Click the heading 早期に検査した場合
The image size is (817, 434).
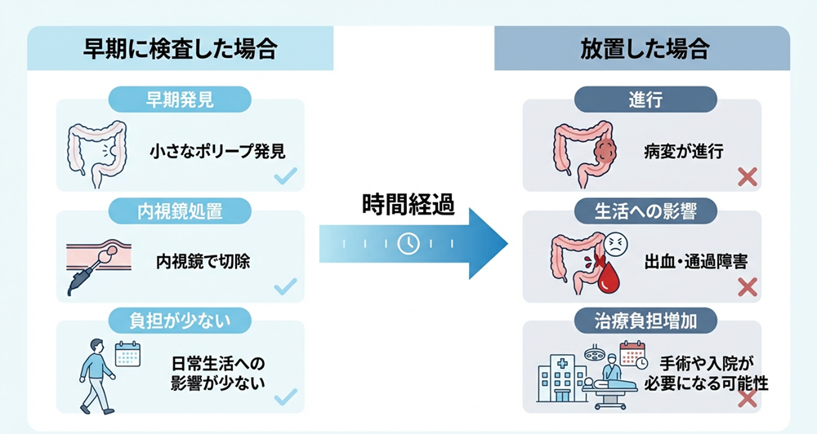coord(181,49)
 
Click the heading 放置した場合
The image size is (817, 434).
coord(642,49)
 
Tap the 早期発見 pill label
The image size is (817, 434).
coord(180,100)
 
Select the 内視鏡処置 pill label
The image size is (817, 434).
coord(180,211)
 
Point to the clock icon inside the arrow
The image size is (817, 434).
coord(408,243)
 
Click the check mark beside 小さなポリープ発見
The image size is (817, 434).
coord(285,176)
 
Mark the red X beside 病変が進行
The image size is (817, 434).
coord(747,176)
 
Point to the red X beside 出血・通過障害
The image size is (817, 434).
coord(747,286)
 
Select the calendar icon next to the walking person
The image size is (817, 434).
coord(128,354)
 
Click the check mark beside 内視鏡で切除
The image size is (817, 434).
coord(285,286)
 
